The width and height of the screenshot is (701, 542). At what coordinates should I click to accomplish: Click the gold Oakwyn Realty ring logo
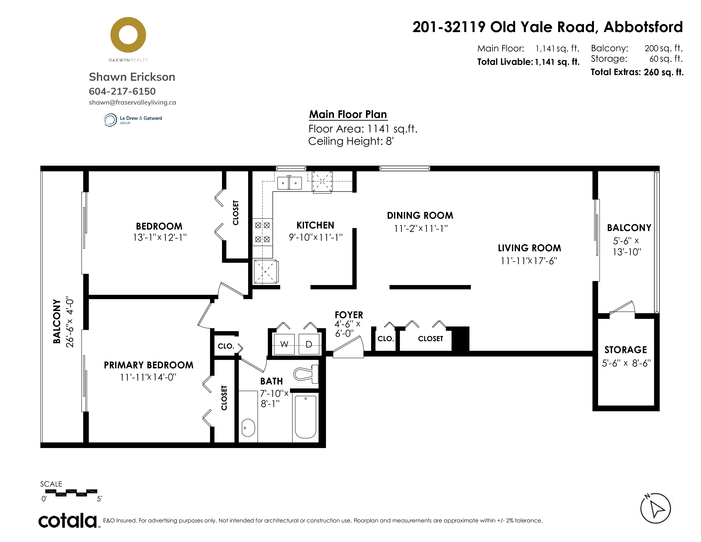coord(128,23)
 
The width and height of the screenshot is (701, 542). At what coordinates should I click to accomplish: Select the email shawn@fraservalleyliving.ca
coord(132,102)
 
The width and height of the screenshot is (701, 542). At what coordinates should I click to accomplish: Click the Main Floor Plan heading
coord(348,114)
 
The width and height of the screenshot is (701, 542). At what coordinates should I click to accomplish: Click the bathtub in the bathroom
coord(305,417)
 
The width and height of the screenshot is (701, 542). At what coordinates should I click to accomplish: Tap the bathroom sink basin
coord(248,428)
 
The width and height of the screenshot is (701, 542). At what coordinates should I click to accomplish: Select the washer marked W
coord(284,344)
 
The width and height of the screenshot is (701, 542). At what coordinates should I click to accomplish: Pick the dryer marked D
coord(309,344)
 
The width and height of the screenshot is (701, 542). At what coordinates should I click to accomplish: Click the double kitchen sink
coord(290,183)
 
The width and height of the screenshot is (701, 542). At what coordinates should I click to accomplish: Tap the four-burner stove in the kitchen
coord(263,232)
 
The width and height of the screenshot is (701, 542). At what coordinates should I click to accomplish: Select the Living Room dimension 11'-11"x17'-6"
coord(529,261)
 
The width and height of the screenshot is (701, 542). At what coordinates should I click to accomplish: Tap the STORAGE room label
coord(626,350)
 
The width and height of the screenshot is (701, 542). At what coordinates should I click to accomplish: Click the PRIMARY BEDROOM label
coord(149,365)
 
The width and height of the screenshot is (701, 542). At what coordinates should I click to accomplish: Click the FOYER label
coord(349,315)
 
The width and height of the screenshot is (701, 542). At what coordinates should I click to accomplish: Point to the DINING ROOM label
coord(420,216)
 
